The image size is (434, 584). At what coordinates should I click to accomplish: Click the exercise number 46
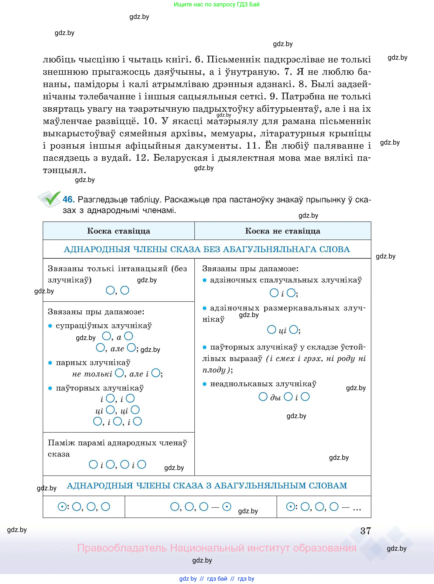coord(69,200)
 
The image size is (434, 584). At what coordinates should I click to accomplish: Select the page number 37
coord(365,531)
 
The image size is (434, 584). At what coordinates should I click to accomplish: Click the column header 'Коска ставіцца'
coord(119,231)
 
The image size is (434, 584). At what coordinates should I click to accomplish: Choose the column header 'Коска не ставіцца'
coord(283,231)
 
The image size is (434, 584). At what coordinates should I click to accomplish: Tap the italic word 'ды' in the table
coord(275,398)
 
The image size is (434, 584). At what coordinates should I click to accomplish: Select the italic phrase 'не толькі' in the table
coord(92,374)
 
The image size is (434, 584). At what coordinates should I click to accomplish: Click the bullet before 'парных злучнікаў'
coord(50,363)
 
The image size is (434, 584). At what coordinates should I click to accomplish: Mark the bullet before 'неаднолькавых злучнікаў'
coord(205,384)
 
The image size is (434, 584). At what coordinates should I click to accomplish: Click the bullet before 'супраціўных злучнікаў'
coord(50,326)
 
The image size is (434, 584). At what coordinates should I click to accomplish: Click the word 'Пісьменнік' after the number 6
coord(233,60)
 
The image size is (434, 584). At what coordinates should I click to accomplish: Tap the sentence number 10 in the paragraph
coord(150,121)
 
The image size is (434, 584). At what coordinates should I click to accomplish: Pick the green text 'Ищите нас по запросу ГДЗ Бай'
coord(216,4)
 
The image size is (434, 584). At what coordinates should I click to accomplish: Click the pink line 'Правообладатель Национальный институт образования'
coord(216,548)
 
